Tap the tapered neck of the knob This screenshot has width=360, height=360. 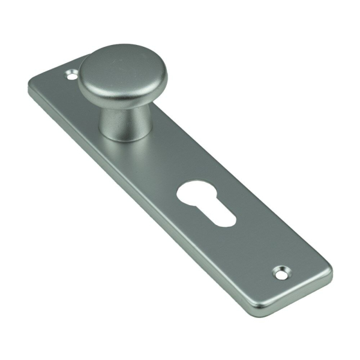pos(119,120)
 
